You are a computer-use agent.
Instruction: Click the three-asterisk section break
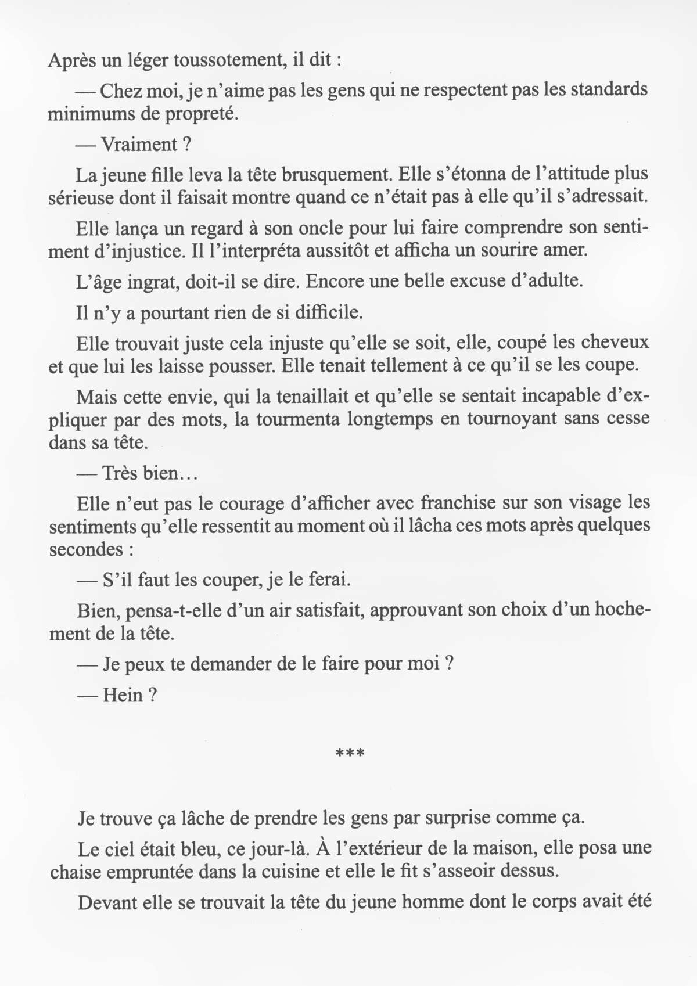point(350,754)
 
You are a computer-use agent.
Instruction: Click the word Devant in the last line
point(106,903)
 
